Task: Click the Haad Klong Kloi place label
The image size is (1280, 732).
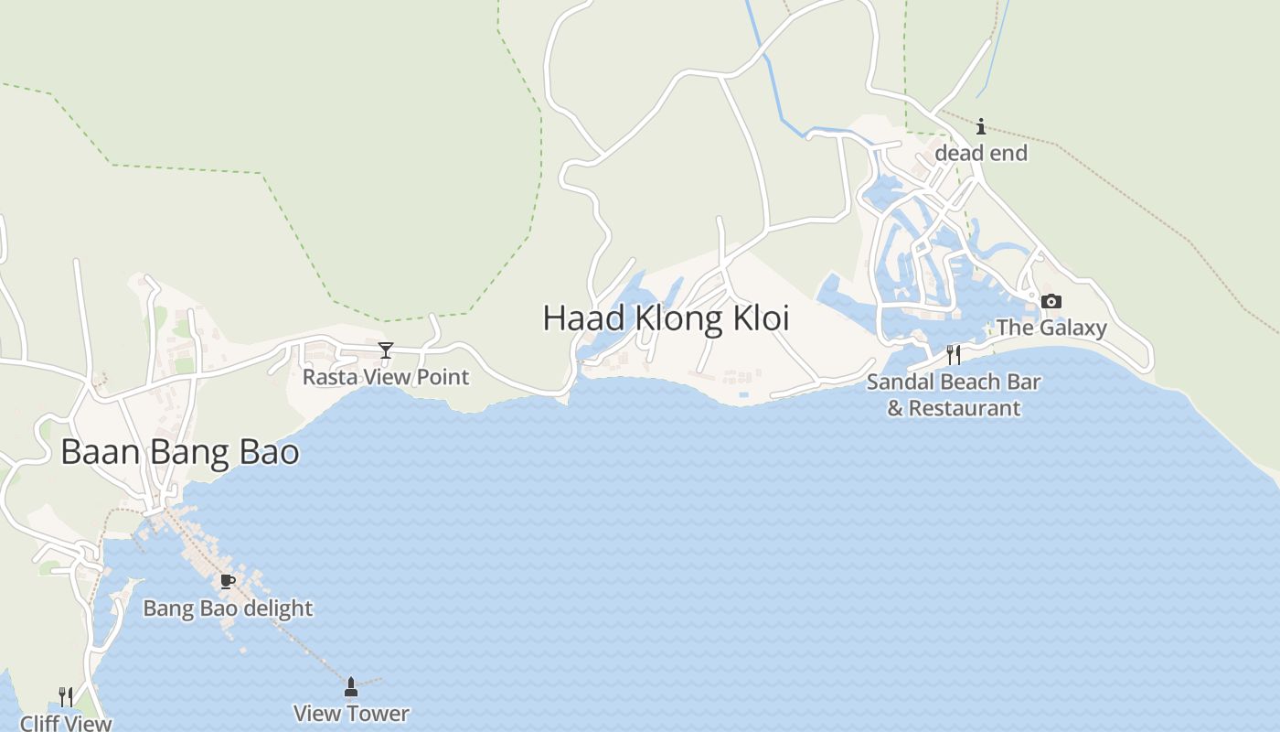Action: pyautogui.click(x=666, y=318)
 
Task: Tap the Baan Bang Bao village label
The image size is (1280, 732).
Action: pyautogui.click(x=180, y=452)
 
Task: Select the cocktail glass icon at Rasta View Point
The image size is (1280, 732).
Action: pyautogui.click(x=386, y=350)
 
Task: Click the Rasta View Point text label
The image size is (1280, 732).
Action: pyautogui.click(x=386, y=377)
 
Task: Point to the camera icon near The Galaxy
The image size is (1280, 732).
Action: pyautogui.click(x=1051, y=301)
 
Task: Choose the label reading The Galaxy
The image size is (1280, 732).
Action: pyautogui.click(x=1051, y=328)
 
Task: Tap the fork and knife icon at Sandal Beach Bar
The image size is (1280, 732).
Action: pyautogui.click(x=954, y=354)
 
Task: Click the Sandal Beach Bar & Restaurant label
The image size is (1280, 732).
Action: pyautogui.click(x=954, y=394)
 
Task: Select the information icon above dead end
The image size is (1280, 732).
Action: pyautogui.click(x=981, y=126)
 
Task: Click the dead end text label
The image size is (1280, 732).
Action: pyautogui.click(x=981, y=153)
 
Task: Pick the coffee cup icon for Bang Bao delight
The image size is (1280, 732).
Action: pyautogui.click(x=228, y=581)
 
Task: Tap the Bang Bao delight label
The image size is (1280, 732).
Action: pyautogui.click(x=228, y=608)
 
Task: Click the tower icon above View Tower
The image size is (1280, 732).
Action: pyautogui.click(x=351, y=686)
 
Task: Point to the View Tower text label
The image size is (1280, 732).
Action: pyautogui.click(x=351, y=714)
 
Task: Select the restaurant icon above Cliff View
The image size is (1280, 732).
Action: pyautogui.click(x=65, y=697)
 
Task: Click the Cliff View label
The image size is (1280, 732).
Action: pyautogui.click(x=66, y=723)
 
